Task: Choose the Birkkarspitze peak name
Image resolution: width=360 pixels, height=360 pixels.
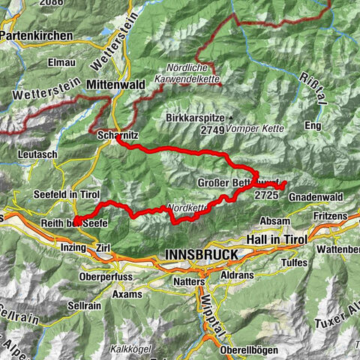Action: [x=196, y=118]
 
